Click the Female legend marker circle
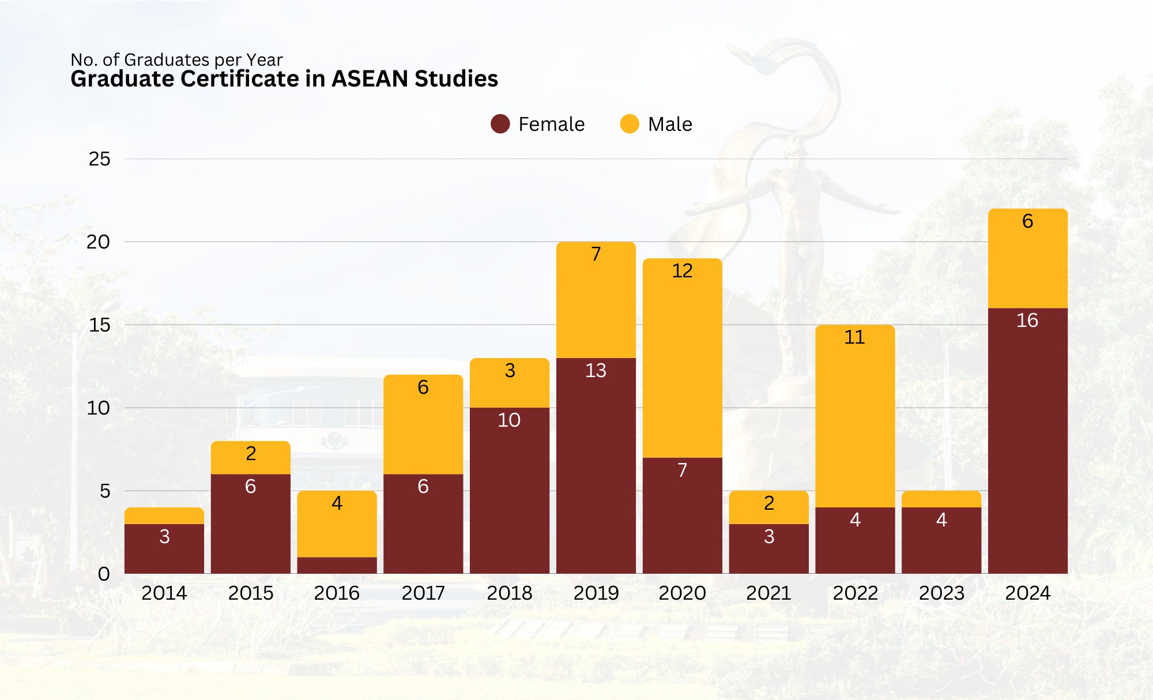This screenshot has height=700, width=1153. point(500,124)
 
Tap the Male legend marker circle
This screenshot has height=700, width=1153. point(630,124)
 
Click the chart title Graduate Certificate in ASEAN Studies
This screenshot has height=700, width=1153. point(284,79)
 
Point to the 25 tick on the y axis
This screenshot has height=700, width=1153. point(99,159)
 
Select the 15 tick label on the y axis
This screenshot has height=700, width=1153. point(99,325)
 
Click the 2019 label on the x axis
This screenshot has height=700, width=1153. point(596,593)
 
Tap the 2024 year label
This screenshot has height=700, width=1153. point(1027,593)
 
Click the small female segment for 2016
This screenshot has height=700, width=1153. point(337,565)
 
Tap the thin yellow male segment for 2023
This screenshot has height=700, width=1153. point(941,499)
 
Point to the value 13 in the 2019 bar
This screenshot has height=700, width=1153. point(596,370)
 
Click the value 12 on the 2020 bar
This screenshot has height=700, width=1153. point(682,271)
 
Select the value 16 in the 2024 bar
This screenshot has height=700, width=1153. point(1027,321)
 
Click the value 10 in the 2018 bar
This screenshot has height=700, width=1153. point(509,420)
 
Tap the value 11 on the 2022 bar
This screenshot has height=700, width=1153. point(855,337)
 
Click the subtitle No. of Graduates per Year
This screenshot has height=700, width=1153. point(176,59)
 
